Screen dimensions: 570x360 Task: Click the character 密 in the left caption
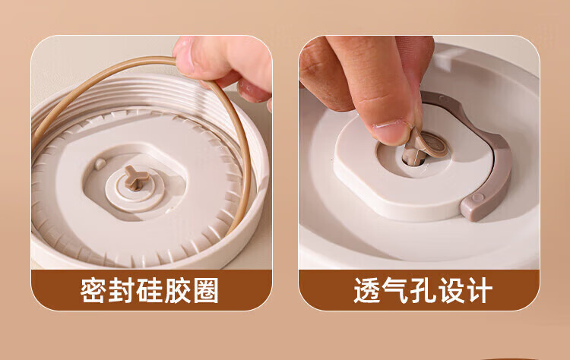pyautogui.click(x=93, y=290)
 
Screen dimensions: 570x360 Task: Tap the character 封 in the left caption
pyautogui.click(x=122, y=290)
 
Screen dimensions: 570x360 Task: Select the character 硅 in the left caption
pyautogui.click(x=150, y=290)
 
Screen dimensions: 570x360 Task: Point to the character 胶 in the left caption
pyautogui.click(x=177, y=290)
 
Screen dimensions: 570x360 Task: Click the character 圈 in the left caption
pyautogui.click(x=206, y=290)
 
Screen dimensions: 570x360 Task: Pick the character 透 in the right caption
pyautogui.click(x=367, y=290)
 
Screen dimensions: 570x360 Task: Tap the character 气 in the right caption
pyautogui.click(x=395, y=290)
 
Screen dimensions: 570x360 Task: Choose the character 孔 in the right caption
pyautogui.click(x=423, y=290)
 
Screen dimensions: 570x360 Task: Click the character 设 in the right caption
pyautogui.click(x=451, y=290)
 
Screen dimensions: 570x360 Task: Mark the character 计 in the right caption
pyautogui.click(x=480, y=290)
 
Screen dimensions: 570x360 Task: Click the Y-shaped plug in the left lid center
pyautogui.click(x=136, y=178)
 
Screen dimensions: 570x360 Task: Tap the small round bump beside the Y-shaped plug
pyautogui.click(x=100, y=164)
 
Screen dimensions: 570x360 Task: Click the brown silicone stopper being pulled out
pyautogui.click(x=426, y=146)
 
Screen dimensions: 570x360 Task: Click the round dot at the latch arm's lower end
pyautogui.click(x=478, y=197)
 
